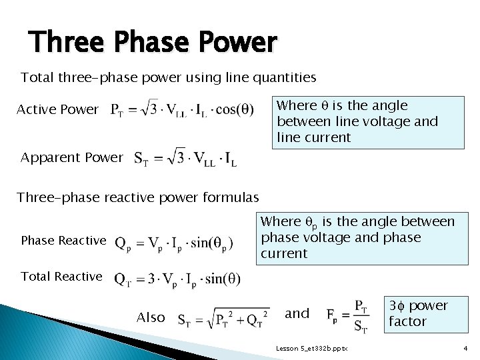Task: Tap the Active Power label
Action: pyautogui.click(x=57, y=109)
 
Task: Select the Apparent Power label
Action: pyautogui.click(x=72, y=158)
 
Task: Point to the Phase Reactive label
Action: pyautogui.click(x=63, y=240)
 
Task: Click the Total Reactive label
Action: pyautogui.click(x=62, y=276)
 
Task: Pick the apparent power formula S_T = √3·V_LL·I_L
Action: pyautogui.click(x=185, y=158)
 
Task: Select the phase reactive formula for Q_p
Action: pyautogui.click(x=175, y=243)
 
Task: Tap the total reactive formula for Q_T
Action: pyautogui.click(x=178, y=278)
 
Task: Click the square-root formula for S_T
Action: pyautogui.click(x=223, y=316)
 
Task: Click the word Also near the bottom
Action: pyautogui.click(x=151, y=317)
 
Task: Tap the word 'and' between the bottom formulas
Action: pyautogui.click(x=297, y=313)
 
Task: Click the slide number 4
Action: pyautogui.click(x=465, y=349)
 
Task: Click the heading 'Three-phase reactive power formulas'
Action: pyautogui.click(x=138, y=197)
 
